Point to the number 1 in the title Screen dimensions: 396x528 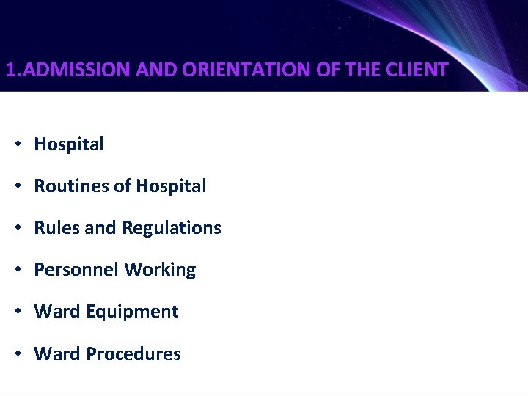pyautogui.click(x=10, y=70)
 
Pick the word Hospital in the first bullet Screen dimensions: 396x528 pyautogui.click(x=69, y=144)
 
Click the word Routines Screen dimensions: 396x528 pyautogui.click(x=71, y=186)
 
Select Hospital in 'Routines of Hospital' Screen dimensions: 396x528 pyautogui.click(x=171, y=186)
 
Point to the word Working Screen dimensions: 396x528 pyautogui.click(x=160, y=271)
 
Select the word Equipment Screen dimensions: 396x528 pyautogui.click(x=132, y=312)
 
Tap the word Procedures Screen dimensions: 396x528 pyautogui.click(x=133, y=354)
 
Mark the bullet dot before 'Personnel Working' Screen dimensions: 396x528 pyautogui.click(x=16, y=271)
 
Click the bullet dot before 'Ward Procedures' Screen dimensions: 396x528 pyautogui.click(x=16, y=354)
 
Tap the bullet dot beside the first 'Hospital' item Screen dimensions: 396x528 pyautogui.click(x=16, y=145)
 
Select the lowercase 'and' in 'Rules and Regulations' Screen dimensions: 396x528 pyautogui.click(x=100, y=228)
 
